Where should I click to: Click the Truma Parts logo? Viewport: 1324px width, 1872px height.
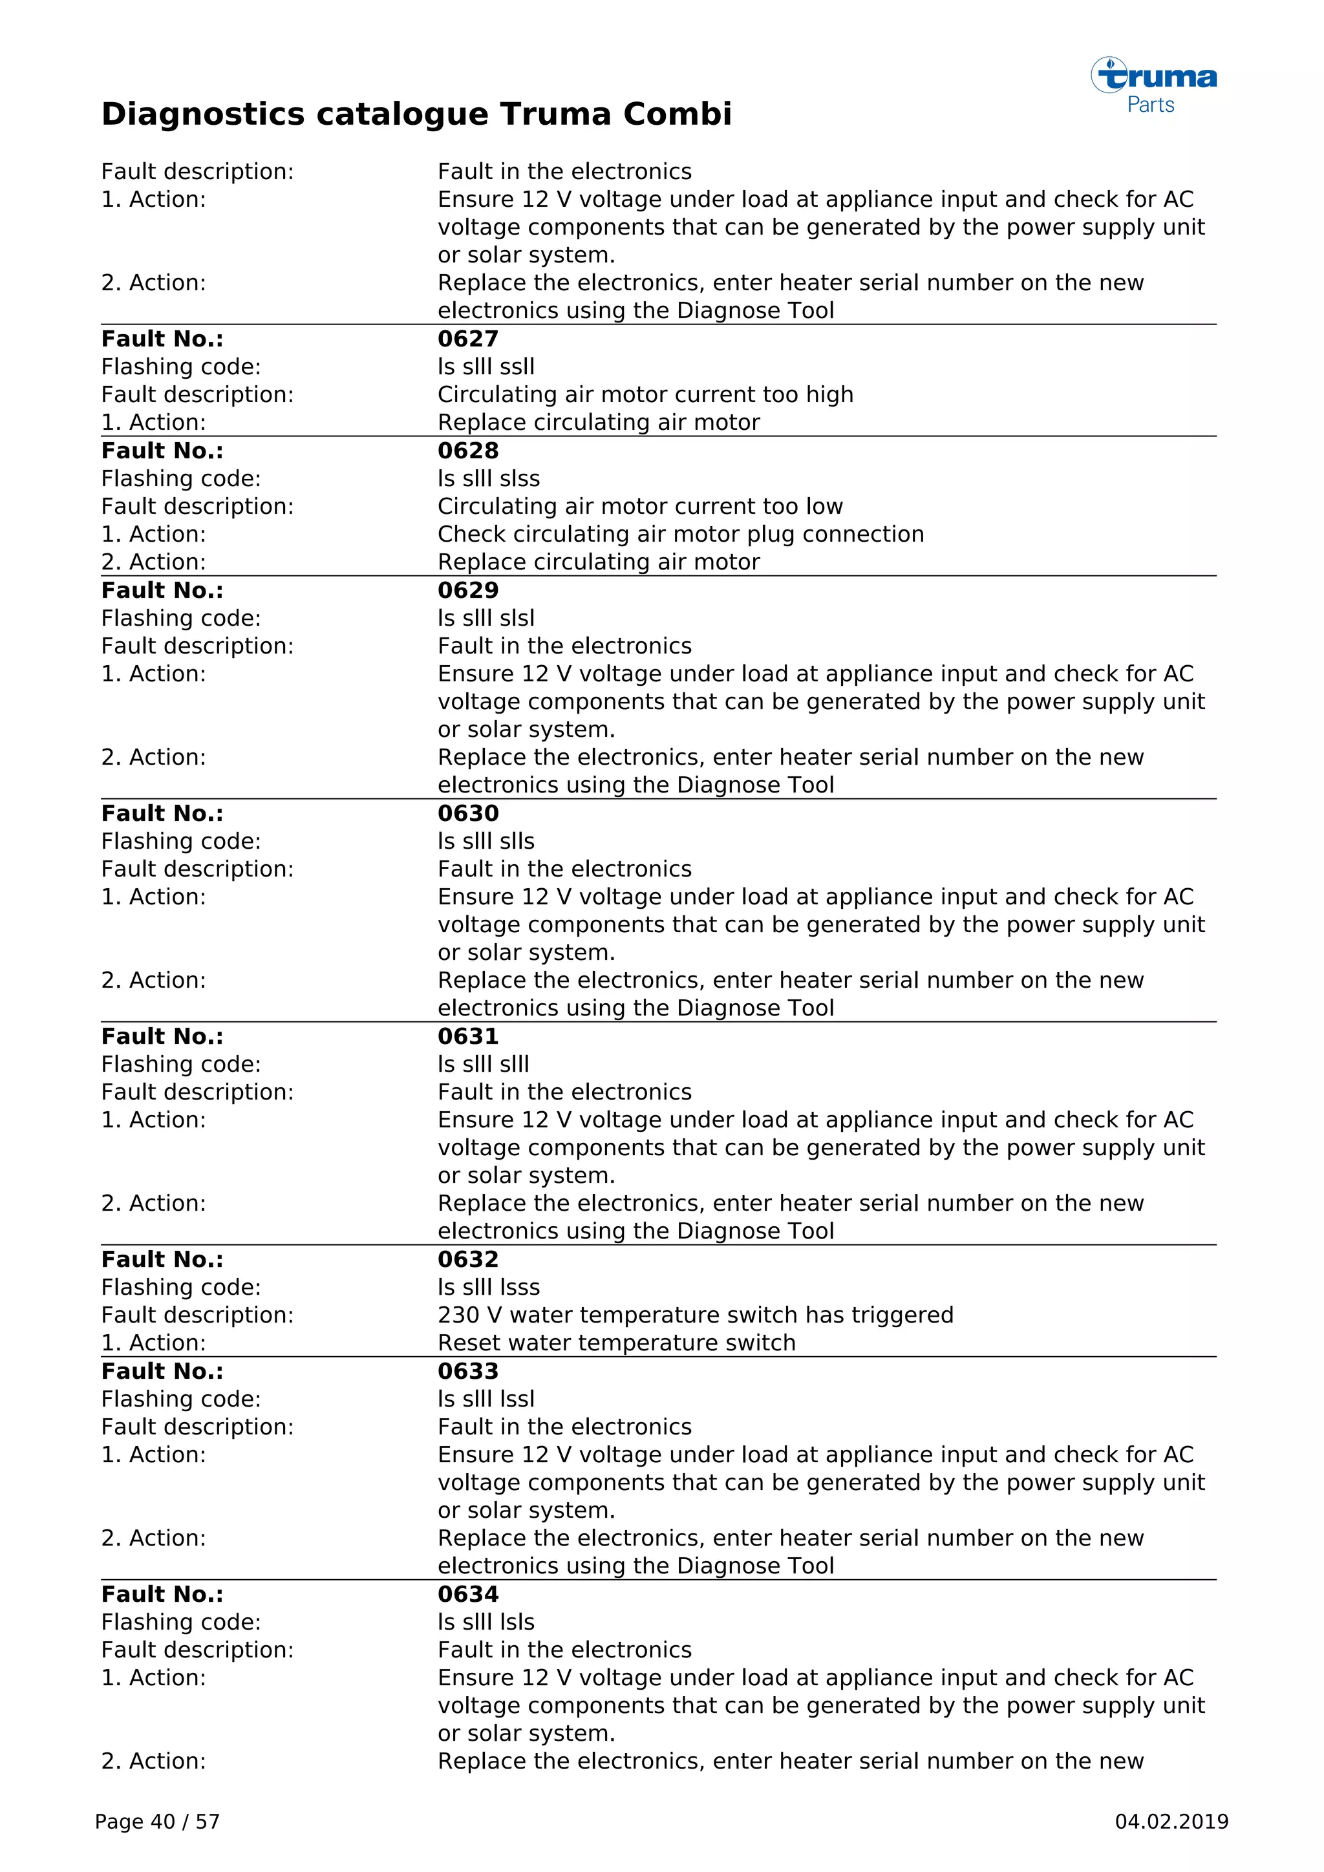click(1153, 85)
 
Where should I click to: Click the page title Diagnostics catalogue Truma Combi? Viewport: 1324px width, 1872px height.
click(416, 114)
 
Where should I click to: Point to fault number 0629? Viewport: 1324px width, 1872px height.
click(468, 590)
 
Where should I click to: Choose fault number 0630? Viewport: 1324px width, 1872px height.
click(468, 813)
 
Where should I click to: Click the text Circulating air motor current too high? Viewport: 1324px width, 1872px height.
click(645, 394)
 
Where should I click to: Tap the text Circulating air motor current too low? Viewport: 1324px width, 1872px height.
click(640, 506)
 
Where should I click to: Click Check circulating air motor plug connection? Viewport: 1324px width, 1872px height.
click(681, 534)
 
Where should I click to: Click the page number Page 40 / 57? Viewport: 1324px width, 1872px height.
click(157, 1822)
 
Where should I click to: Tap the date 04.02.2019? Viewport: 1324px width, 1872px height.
click(1171, 1822)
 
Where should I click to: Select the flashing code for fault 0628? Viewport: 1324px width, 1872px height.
click(488, 478)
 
